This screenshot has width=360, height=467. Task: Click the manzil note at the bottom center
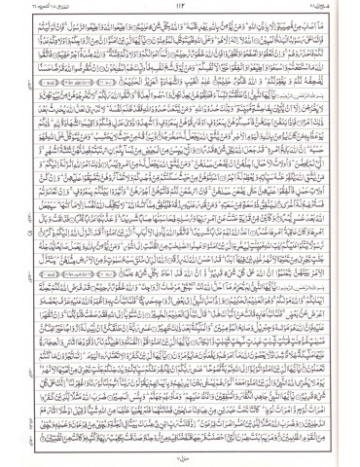pos(180,457)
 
